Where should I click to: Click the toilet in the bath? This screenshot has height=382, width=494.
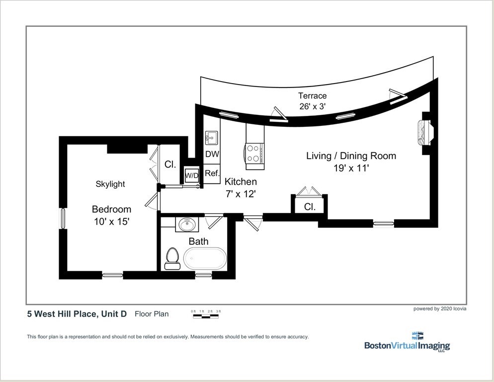[x=171, y=259]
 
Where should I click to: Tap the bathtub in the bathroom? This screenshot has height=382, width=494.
[x=205, y=259]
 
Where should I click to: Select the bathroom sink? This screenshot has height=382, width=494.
[x=187, y=225]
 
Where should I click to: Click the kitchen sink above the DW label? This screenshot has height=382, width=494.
[x=211, y=138]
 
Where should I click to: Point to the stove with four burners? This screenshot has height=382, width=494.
[x=254, y=153]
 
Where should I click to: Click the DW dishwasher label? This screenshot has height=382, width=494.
[x=212, y=154]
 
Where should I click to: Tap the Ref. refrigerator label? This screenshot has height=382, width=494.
[x=212, y=173]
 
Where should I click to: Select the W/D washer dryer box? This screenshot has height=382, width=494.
[x=191, y=176]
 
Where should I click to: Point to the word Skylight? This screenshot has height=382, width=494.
[x=110, y=184]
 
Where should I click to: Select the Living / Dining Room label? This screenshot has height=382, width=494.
[x=351, y=156]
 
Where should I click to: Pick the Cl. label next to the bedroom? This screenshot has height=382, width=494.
[x=170, y=164]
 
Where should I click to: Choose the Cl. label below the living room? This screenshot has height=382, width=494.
[x=310, y=207]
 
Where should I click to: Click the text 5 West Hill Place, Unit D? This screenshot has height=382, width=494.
[x=77, y=314]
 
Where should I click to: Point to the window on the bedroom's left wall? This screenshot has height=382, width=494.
[x=63, y=218]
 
